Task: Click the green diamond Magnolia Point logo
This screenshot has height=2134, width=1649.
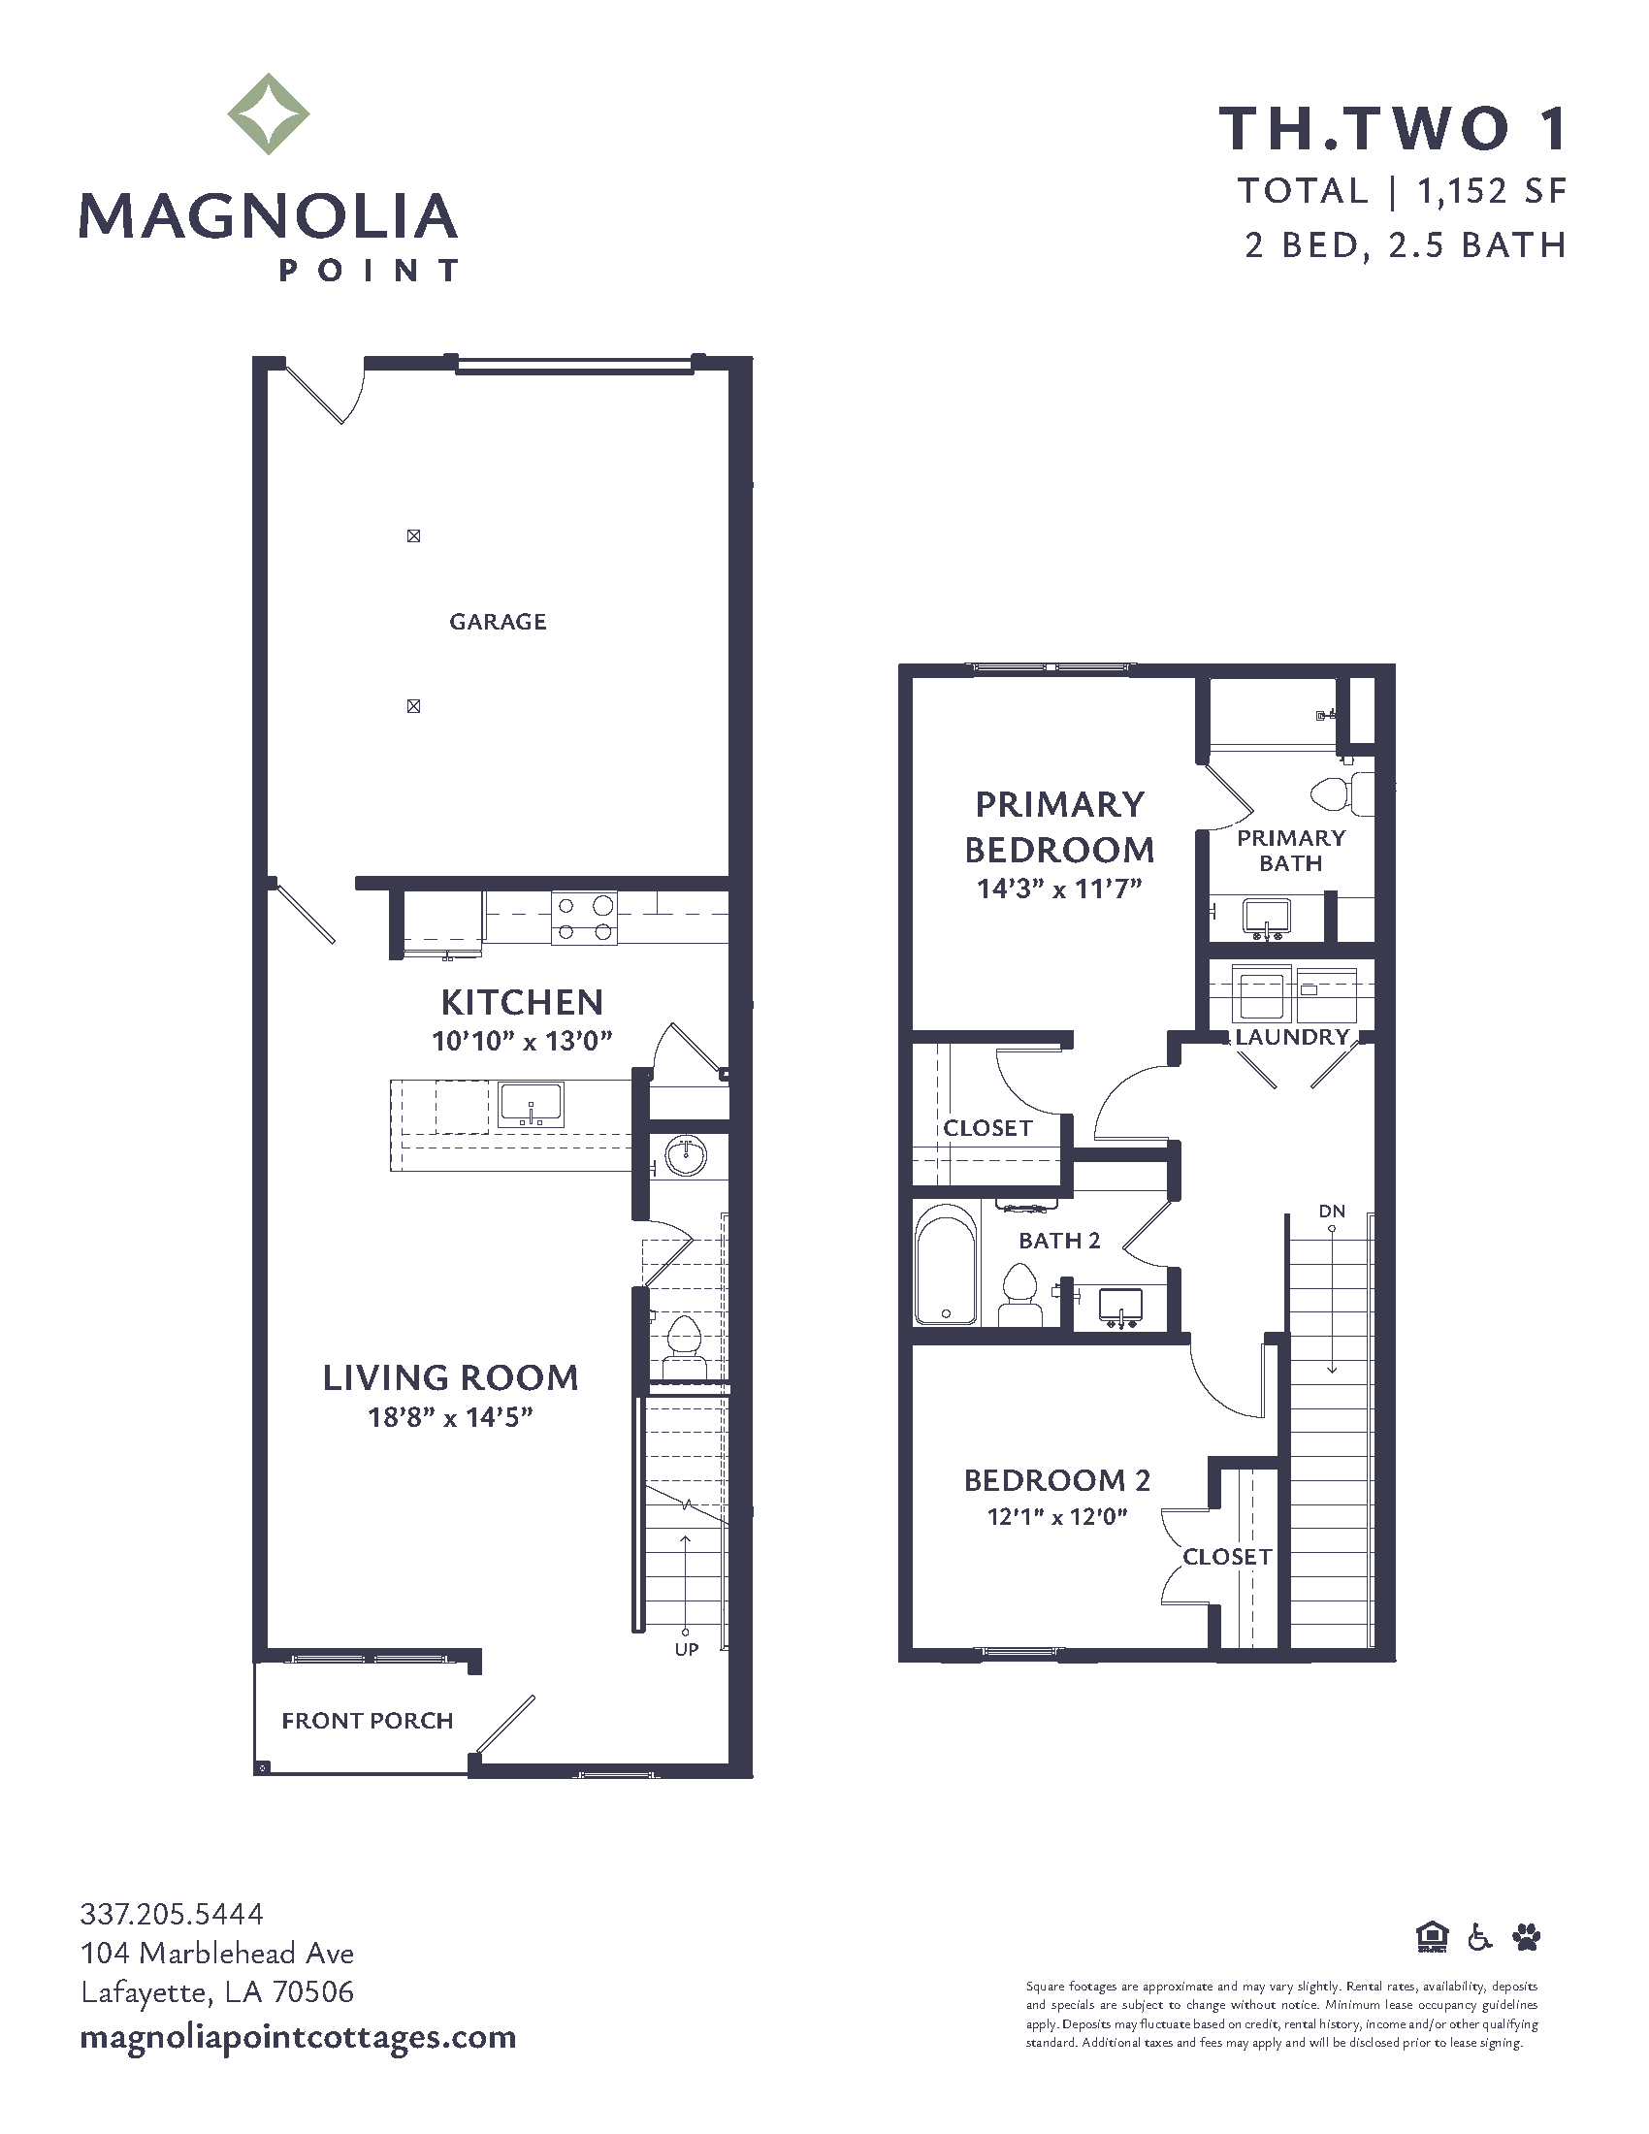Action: (269, 113)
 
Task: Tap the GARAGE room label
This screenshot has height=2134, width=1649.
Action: (498, 622)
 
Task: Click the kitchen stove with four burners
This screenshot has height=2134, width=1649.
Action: (584, 918)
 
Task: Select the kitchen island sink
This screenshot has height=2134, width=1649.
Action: (531, 1104)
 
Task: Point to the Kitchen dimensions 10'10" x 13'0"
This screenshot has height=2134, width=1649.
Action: (522, 1041)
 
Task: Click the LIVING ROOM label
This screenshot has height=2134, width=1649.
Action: (450, 1377)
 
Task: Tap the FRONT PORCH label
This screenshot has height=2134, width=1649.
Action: (368, 1721)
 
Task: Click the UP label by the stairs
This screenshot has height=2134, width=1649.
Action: (687, 1649)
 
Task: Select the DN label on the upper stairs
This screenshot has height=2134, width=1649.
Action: (1332, 1211)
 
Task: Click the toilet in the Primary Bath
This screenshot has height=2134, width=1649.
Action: (1342, 793)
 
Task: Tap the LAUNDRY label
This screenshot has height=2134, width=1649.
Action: (1291, 1037)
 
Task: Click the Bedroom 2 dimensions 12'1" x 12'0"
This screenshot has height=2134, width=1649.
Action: (1057, 1516)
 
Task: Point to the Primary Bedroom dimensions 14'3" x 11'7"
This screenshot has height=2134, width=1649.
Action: (1059, 889)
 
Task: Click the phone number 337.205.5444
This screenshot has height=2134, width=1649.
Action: (172, 1913)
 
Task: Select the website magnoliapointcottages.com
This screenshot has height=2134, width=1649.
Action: (298, 2038)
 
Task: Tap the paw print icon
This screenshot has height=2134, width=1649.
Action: (1526, 1936)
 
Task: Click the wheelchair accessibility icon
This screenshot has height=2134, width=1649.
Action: (1480, 1936)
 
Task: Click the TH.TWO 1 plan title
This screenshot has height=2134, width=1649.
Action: (1393, 128)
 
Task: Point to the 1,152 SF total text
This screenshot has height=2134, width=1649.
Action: (1492, 191)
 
